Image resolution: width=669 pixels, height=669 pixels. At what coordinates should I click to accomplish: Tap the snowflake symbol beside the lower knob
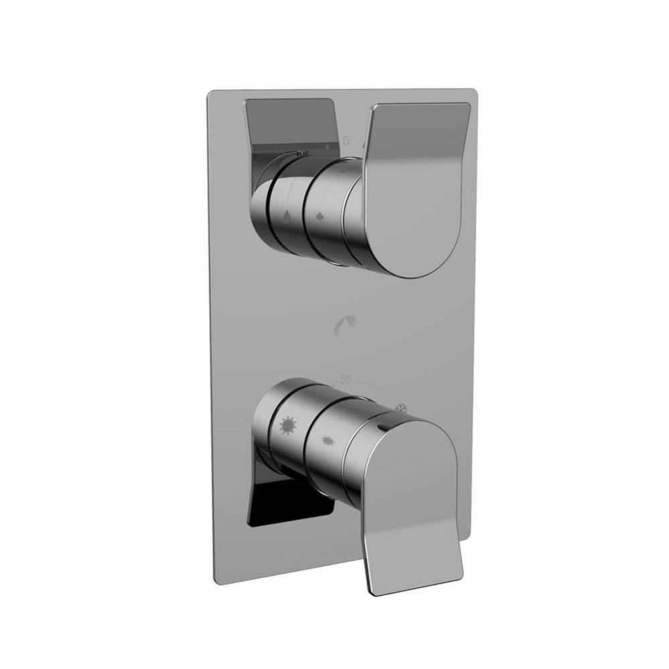pos(401,407)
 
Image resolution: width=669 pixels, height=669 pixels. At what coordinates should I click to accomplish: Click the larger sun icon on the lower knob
pos(287,425)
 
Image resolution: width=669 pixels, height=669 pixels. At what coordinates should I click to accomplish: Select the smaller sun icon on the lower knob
pos(328,440)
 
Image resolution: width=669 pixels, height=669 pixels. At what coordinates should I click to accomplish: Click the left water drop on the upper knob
pos(287,217)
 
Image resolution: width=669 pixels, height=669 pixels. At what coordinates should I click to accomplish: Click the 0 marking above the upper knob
pos(346,141)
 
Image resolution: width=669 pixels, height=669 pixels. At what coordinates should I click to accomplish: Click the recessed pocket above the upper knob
pos(288,124)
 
